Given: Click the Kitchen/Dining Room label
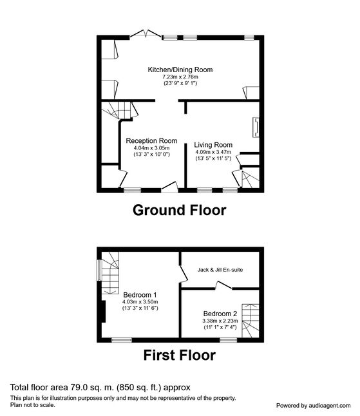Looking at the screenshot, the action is tap(180, 70).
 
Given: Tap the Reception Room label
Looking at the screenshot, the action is tap(151, 141).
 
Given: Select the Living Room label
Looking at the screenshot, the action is tap(213, 145).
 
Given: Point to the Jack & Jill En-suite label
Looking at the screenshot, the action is tap(220, 270).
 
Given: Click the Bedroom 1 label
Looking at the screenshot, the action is tap(140, 295).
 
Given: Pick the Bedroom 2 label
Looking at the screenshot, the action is tap(220, 314).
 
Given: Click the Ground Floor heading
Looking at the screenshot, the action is tap(179, 210).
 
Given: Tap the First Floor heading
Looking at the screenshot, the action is tap(179, 355).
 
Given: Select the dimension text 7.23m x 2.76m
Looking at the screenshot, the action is tap(180, 77).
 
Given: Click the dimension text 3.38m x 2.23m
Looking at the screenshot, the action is tap(220, 321).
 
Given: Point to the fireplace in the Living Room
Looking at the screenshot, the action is tap(256, 128).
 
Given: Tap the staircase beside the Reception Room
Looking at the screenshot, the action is tap(118, 110).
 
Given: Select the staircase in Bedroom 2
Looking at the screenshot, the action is tap(251, 321).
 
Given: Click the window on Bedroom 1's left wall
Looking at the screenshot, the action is tap(99, 270).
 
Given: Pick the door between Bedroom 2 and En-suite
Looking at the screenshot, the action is tap(223, 285).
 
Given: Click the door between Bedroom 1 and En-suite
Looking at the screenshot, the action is tap(184, 274).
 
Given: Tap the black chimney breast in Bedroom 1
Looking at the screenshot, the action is tap(104, 312).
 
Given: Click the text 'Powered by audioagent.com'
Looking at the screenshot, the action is tap(313, 406).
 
